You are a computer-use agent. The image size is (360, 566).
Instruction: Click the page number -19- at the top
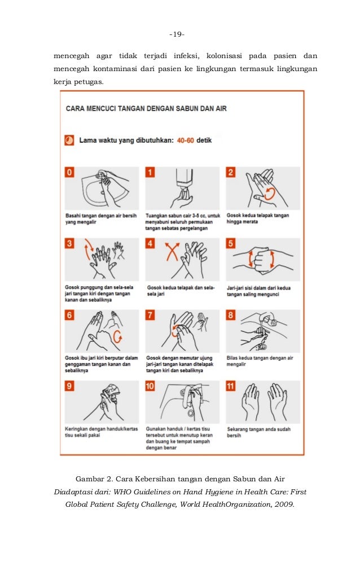(177, 34)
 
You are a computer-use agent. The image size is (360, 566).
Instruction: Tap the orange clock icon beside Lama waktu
(69, 141)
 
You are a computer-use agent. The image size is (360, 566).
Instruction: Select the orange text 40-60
(186, 141)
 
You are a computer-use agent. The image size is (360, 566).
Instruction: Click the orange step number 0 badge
(69, 172)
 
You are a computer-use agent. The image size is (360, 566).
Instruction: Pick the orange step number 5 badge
(231, 243)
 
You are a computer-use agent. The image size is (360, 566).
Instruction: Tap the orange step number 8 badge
(231, 315)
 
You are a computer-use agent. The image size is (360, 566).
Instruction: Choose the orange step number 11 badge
(231, 386)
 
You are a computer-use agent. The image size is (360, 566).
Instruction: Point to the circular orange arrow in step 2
(269, 194)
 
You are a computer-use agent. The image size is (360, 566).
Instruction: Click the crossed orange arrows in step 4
(172, 252)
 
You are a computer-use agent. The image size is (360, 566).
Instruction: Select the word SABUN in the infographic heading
(187, 109)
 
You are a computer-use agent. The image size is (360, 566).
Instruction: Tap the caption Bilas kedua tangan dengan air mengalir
(260, 361)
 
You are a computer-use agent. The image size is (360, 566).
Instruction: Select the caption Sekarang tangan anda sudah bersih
(258, 432)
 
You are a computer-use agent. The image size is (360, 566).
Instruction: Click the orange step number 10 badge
(150, 386)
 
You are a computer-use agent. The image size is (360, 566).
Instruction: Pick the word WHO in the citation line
(122, 492)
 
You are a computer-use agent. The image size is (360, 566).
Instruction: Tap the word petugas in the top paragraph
(89, 82)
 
